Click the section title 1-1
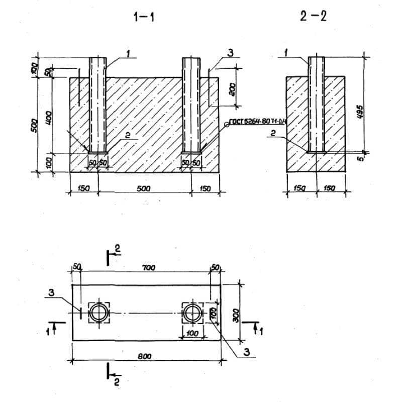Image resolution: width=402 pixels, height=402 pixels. [x=144, y=17]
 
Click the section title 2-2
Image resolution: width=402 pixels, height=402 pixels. [x=314, y=17]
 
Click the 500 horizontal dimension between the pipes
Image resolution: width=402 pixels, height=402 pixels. [x=144, y=188]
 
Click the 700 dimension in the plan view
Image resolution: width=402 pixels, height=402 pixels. [x=149, y=269]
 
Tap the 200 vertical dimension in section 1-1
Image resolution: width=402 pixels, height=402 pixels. [x=232, y=89]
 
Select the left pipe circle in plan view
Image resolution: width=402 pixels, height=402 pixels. [x=99, y=313]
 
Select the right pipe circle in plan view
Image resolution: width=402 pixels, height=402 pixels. [x=192, y=313]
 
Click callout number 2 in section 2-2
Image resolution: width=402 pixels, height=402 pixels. [x=273, y=133]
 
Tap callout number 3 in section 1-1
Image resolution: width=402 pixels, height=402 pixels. [x=231, y=52]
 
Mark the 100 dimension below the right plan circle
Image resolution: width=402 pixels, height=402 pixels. [x=192, y=333]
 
